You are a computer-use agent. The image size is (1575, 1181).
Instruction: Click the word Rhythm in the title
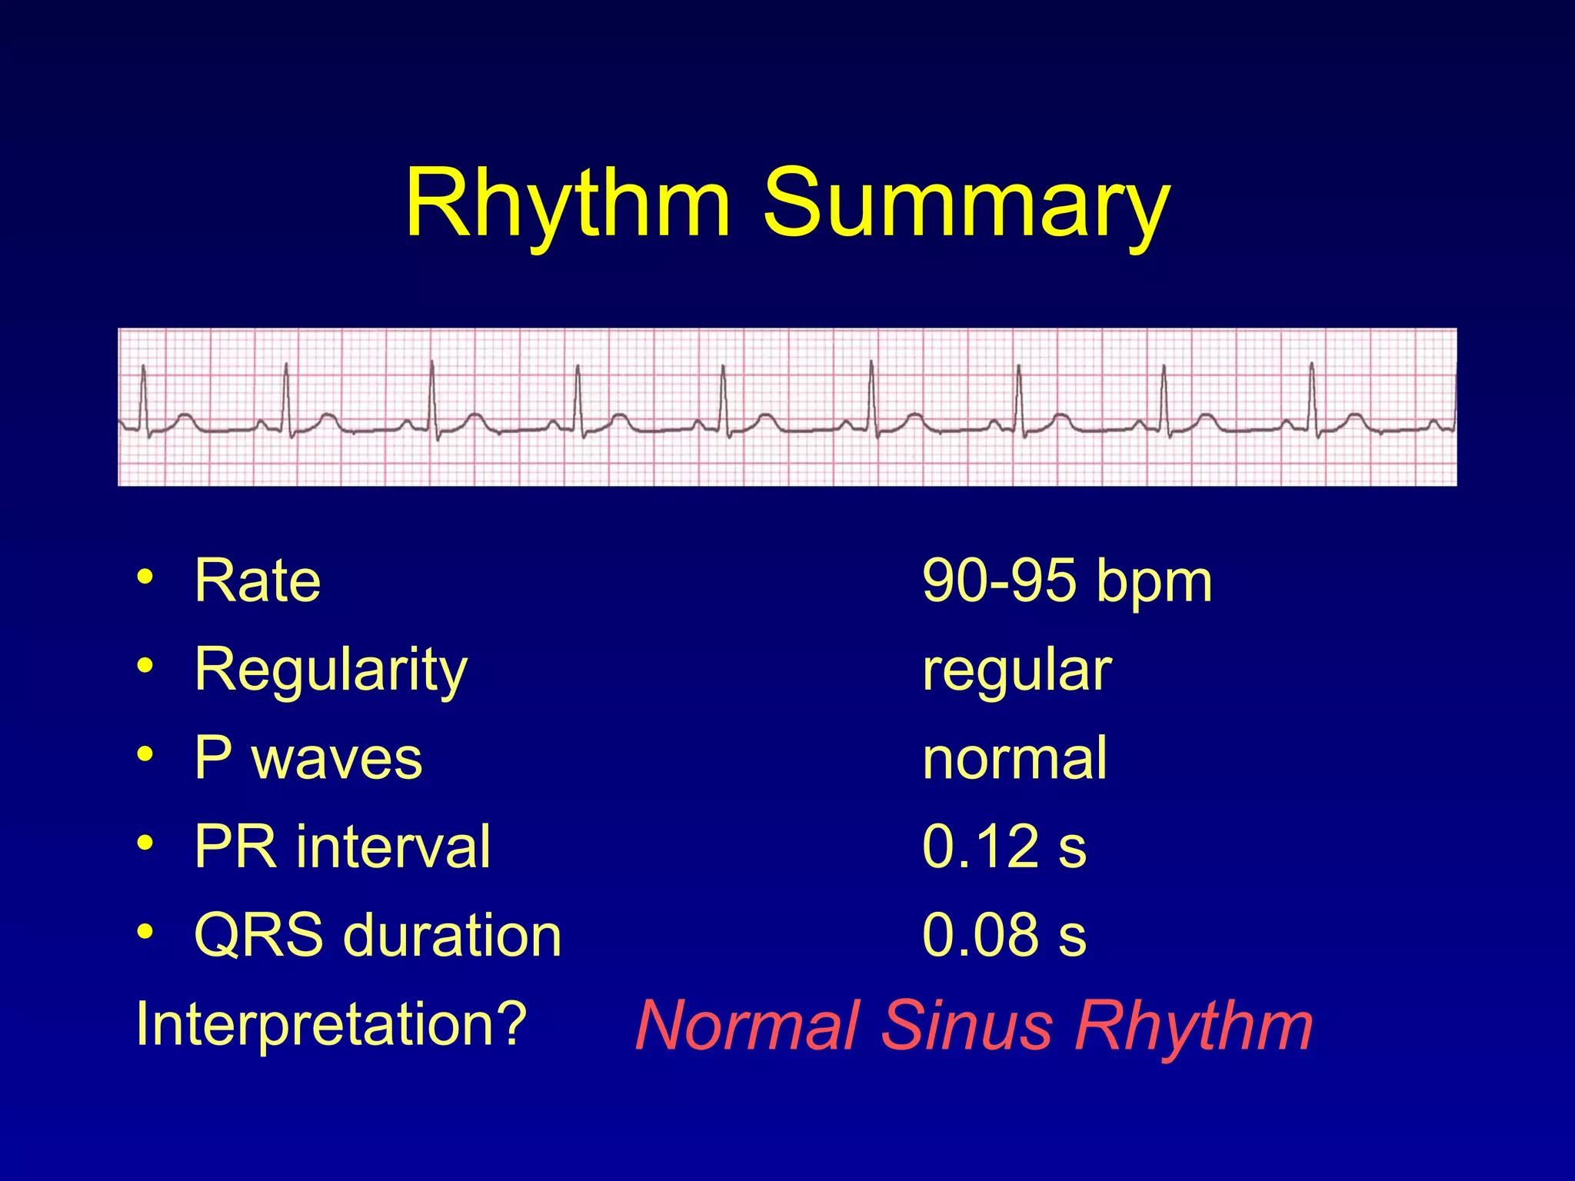[x=567, y=204]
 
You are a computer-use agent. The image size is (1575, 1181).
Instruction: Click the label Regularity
[x=331, y=670]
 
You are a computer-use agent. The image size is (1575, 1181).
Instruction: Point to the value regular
[x=1017, y=670]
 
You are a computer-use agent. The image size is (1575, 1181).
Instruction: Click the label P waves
[x=308, y=758]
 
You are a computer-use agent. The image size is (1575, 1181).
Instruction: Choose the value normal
[x=1014, y=758]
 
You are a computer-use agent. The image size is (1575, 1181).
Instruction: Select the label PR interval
[x=342, y=847]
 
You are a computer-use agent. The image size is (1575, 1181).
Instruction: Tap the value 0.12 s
[x=1004, y=847]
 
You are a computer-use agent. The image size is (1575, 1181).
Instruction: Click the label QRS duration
[x=378, y=936]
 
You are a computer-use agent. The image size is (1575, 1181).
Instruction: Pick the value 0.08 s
[x=1004, y=936]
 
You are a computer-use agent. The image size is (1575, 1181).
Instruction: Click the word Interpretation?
[x=331, y=1025]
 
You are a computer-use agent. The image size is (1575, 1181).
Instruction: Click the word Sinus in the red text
[x=966, y=1026]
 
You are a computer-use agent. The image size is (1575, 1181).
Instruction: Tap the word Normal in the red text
[x=747, y=1026]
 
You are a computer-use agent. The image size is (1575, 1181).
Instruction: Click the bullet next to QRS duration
[x=145, y=932]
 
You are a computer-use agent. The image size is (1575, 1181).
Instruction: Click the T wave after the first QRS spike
[x=185, y=418]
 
